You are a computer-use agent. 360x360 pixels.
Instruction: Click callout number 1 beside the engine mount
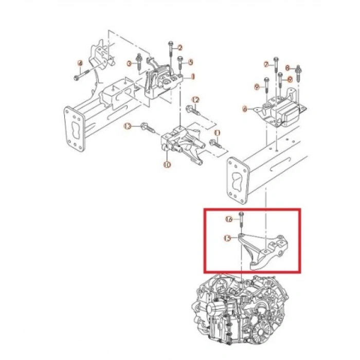[192, 77]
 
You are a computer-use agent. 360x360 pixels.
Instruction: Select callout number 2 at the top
[180, 48]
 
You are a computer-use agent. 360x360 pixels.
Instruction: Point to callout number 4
[80, 63]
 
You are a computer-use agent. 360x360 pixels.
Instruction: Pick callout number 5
[190, 62]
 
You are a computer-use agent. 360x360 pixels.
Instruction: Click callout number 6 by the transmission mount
[245, 109]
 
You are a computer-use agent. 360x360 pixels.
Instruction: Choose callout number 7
[266, 65]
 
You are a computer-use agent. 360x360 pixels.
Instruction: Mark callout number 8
[287, 67]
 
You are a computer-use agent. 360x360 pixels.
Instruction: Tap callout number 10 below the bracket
[166, 165]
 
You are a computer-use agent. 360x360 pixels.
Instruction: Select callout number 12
[195, 99]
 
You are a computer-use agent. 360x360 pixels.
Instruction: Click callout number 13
[128, 126]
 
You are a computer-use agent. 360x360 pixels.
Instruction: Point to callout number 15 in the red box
[227, 238]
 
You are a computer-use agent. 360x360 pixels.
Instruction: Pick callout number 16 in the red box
[229, 219]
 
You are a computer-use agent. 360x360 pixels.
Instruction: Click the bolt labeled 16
[241, 219]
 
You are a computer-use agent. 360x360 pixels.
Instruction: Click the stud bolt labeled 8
[299, 70]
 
